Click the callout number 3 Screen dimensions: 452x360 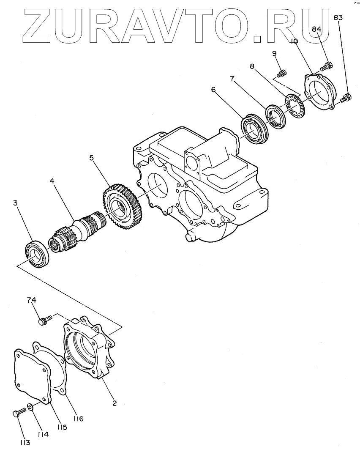tap(15, 203)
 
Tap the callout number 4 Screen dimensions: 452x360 tap(52, 181)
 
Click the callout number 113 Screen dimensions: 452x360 tap(25, 443)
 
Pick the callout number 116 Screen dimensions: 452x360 tap(78, 419)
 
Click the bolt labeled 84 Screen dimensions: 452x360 tap(327, 66)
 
